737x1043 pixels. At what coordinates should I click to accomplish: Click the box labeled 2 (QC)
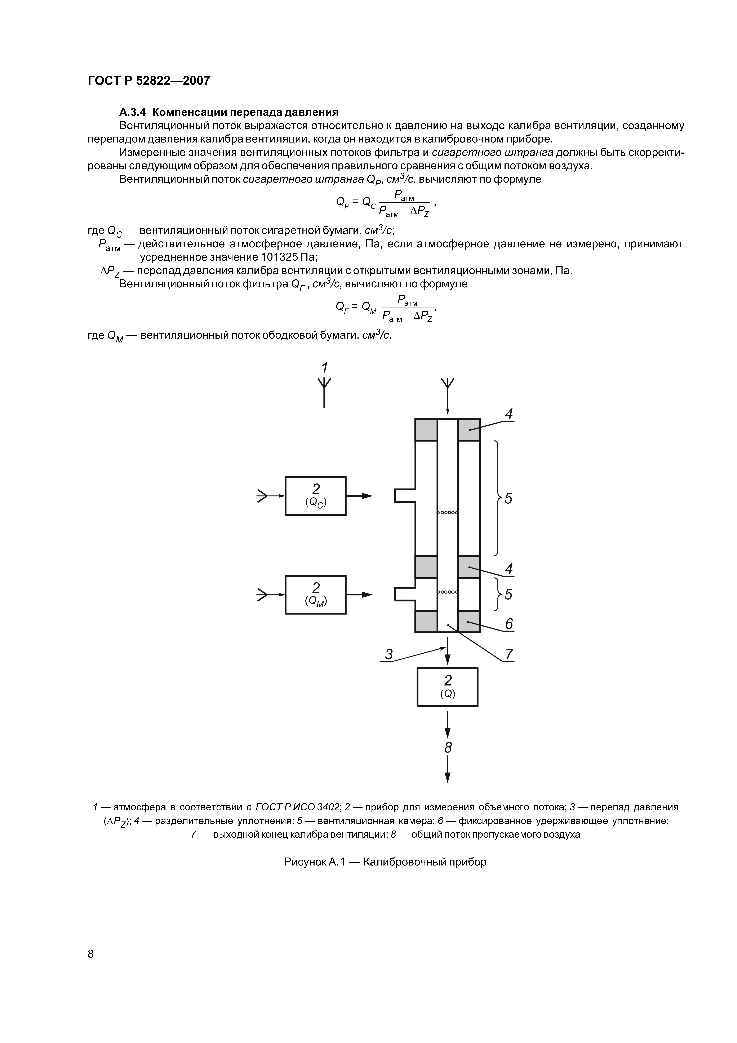point(315,496)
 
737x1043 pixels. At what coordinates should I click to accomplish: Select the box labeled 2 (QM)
point(315,594)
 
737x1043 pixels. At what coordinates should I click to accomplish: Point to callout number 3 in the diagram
point(389,654)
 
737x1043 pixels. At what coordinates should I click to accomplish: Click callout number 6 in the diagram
point(509,624)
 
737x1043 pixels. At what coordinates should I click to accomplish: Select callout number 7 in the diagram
point(509,654)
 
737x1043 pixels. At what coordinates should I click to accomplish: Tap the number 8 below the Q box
point(448,747)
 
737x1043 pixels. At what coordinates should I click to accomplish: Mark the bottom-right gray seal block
point(469,621)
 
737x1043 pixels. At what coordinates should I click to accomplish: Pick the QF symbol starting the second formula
point(342,307)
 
